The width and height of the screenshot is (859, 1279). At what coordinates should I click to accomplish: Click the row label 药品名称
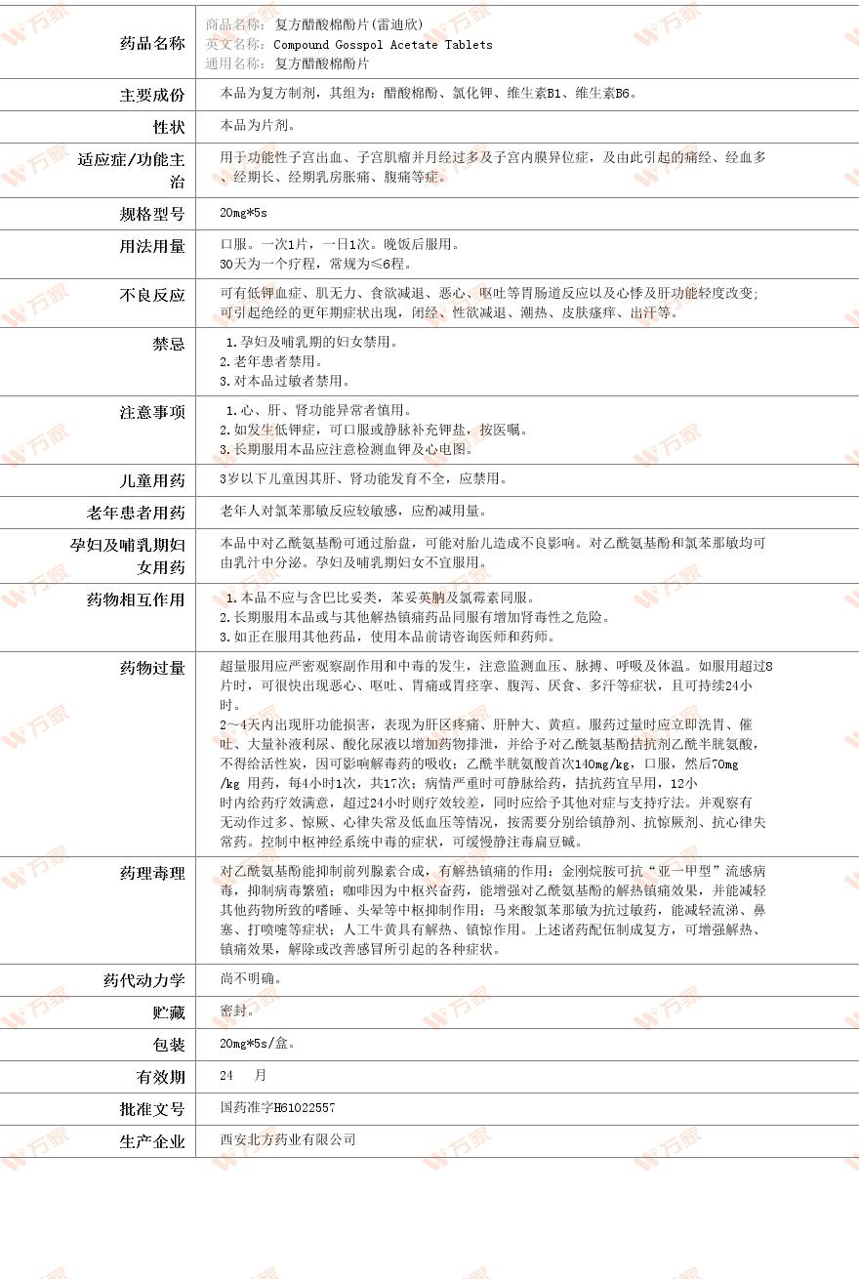(152, 43)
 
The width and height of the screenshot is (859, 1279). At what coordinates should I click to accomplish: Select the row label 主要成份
(152, 95)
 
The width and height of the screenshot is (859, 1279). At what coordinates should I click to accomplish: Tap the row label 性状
(169, 127)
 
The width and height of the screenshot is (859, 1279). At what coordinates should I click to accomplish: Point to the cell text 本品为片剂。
(259, 126)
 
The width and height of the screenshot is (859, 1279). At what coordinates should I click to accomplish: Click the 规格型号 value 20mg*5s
(243, 213)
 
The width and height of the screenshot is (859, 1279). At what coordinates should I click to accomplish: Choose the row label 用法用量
(152, 246)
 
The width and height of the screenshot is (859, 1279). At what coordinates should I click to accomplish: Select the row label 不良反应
(152, 295)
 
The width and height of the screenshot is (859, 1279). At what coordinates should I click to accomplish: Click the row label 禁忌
(169, 344)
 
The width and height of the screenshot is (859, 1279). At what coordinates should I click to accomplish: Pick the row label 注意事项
(152, 412)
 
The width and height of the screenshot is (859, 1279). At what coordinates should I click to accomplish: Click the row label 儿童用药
(152, 480)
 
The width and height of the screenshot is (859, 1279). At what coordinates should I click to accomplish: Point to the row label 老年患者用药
(136, 513)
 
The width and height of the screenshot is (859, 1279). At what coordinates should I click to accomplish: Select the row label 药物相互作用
(136, 599)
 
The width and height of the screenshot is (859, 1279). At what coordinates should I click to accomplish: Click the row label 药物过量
(152, 668)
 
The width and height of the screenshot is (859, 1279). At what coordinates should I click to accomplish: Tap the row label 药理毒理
(152, 873)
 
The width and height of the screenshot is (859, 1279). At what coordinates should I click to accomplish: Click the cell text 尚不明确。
(252, 978)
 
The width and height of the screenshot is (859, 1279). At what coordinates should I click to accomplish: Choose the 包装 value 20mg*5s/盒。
(258, 1044)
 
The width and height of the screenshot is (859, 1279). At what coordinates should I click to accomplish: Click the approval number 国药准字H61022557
(278, 1108)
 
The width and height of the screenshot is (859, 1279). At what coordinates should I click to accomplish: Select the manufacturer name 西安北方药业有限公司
(288, 1139)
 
